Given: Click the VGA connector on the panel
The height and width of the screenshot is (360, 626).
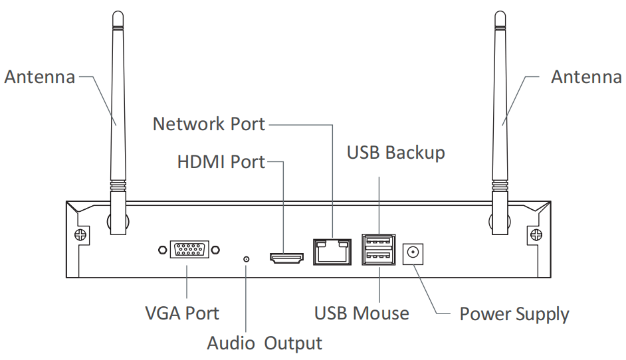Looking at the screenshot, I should (x=189, y=250).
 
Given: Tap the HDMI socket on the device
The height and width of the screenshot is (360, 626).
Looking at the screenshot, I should (x=286, y=256).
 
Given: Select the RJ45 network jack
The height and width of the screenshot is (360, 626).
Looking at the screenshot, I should (x=331, y=250).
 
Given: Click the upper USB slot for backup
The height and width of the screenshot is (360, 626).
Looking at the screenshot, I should (x=378, y=242).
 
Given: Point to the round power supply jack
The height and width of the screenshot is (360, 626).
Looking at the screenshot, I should (x=413, y=252).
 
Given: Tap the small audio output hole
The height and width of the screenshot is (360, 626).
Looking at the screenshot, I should (x=247, y=258).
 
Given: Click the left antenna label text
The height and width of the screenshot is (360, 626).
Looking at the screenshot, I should (x=39, y=77).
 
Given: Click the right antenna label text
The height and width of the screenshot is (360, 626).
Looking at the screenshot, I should (x=586, y=77).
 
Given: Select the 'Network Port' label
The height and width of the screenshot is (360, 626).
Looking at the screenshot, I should (x=209, y=124).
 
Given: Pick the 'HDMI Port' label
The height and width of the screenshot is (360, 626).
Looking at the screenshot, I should (x=221, y=162).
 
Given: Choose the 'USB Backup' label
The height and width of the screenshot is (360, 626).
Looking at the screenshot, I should (x=395, y=153).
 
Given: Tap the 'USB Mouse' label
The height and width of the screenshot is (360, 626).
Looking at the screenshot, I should (x=362, y=312).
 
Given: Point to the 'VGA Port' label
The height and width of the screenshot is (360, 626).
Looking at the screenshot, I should (x=181, y=312).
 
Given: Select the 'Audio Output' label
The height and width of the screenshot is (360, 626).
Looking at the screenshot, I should (x=264, y=343).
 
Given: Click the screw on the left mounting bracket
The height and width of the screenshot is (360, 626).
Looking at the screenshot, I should (x=80, y=234).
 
